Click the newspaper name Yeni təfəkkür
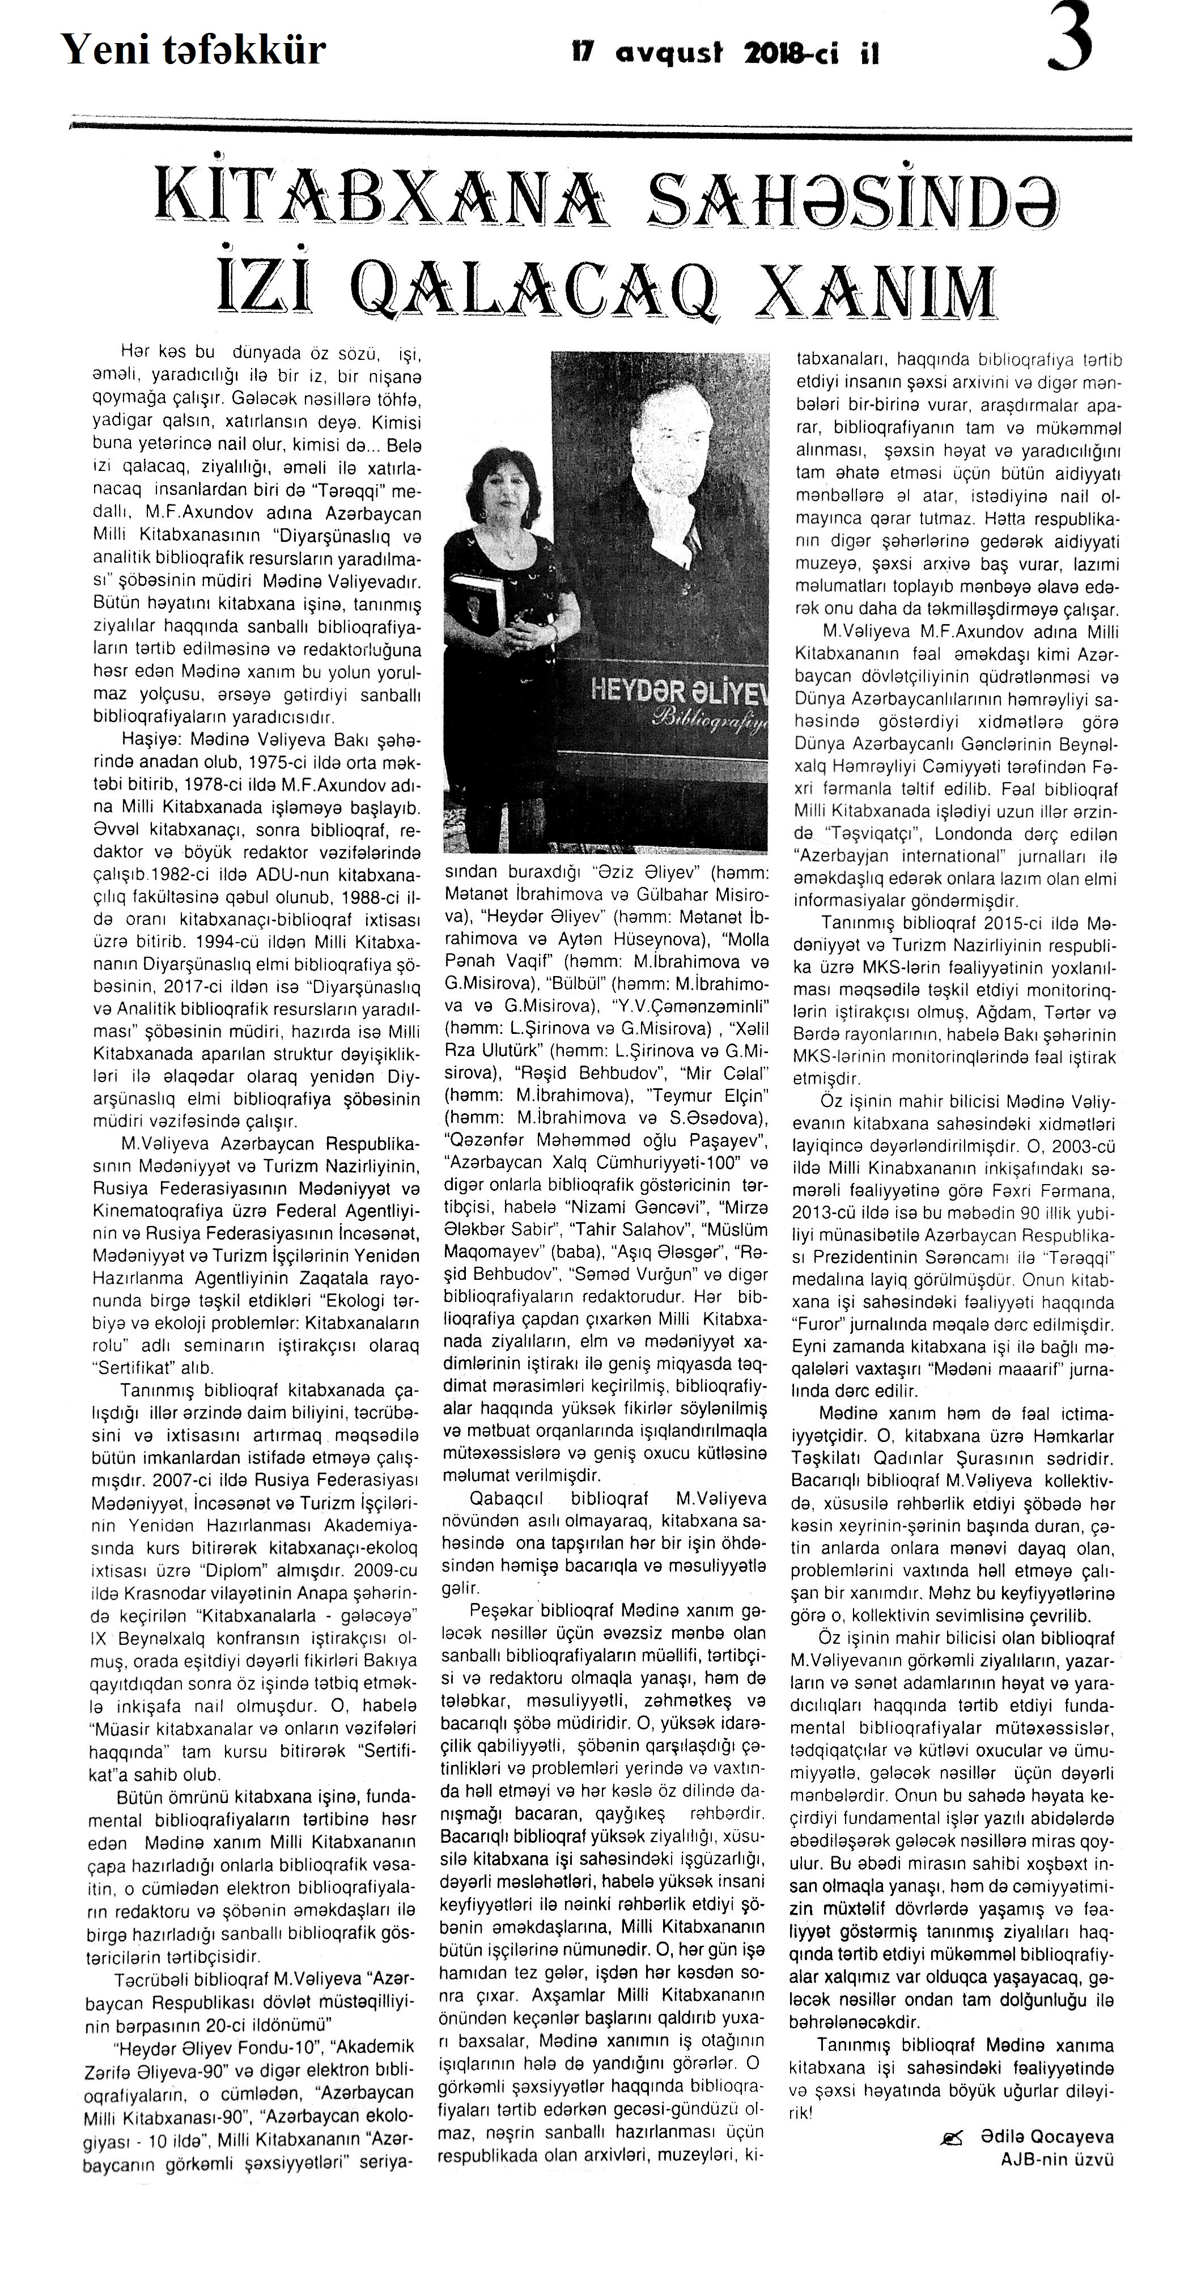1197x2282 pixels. click(193, 50)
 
